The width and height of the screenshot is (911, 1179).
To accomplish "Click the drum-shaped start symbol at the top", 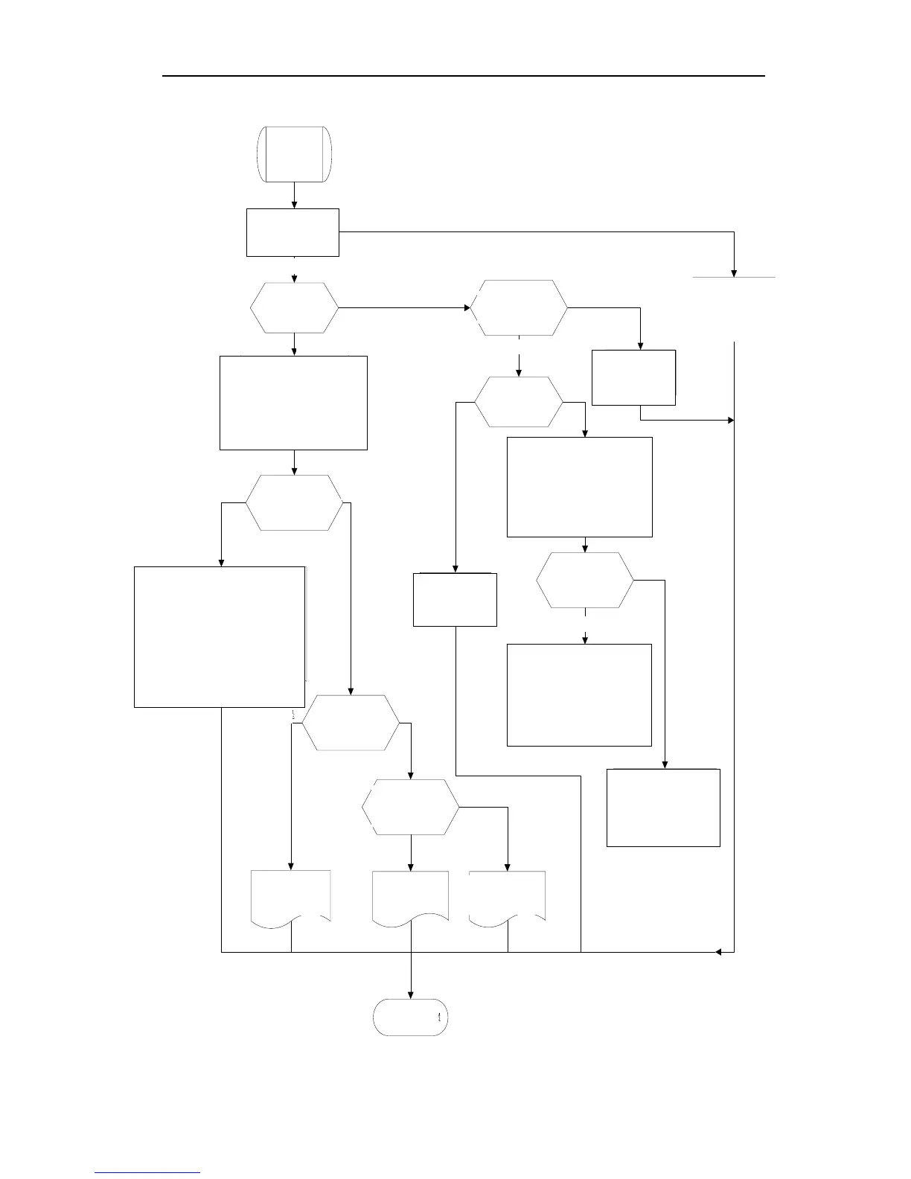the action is point(294,154).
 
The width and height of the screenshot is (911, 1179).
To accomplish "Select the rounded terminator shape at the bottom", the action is point(410,1017).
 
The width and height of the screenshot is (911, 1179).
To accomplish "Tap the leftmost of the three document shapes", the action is point(290,898).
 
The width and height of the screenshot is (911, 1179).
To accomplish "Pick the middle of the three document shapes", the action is point(410,898).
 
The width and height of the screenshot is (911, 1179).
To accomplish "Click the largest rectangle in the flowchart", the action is point(220,636).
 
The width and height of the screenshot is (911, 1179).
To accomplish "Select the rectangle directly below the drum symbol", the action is point(293,232).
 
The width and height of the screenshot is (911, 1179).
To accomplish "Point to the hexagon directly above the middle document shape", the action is point(410,808).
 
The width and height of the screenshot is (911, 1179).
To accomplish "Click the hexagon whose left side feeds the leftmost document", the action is point(351,723).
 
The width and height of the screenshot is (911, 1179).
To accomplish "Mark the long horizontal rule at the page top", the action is point(464,76).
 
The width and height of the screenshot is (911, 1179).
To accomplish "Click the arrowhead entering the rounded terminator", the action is point(410,995).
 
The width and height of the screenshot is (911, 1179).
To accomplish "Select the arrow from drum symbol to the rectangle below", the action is point(295,195).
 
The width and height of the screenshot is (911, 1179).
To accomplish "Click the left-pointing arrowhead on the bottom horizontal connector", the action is point(719,951).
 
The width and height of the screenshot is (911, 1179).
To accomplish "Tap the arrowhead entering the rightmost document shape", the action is point(508,867).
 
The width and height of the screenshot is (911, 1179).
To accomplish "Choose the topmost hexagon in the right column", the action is point(519,308).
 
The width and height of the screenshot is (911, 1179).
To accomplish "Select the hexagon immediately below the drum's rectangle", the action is point(295,307).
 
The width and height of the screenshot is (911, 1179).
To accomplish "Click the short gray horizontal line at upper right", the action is point(734,277).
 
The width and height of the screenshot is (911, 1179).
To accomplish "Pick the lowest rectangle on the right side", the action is point(663,808).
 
